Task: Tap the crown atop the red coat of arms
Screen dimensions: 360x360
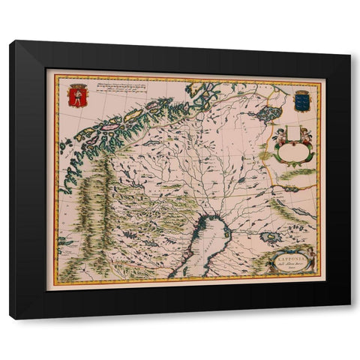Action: point(75,86)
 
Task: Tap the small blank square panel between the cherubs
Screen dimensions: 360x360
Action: point(292,136)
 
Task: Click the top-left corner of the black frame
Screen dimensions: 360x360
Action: point(11,43)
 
